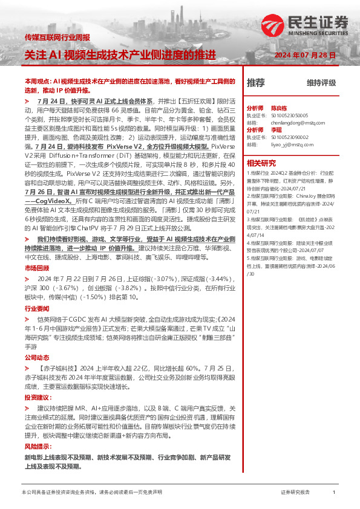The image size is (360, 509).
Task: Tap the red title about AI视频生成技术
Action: coord(120,55)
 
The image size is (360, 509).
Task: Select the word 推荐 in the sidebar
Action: coord(256,82)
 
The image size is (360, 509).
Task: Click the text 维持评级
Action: coord(321,83)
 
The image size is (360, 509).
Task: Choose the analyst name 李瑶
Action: coord(276,129)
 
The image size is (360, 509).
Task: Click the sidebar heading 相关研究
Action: coord(261,163)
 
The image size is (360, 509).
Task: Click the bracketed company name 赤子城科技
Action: coord(58,369)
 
